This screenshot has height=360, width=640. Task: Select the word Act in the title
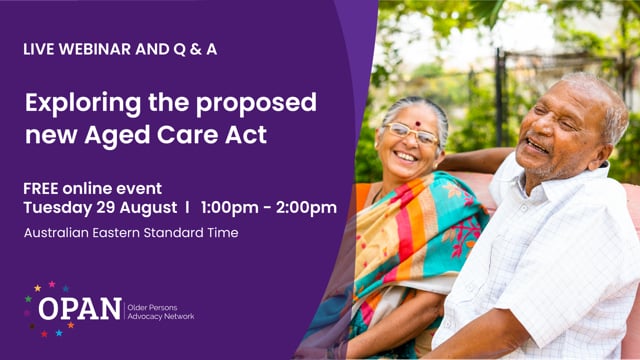(247, 133)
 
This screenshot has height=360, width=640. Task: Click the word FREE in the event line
(43, 188)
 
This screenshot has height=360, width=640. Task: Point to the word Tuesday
(58, 208)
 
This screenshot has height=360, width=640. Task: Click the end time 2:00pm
(307, 208)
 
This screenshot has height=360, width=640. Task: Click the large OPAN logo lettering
(80, 310)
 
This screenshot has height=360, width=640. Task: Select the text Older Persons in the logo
(154, 304)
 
